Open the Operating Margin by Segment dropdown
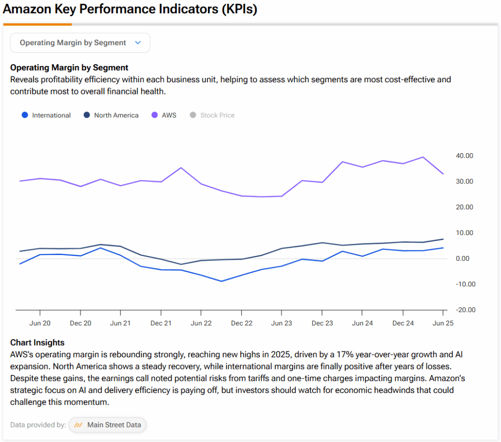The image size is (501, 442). click(80, 43)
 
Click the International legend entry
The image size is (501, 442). click(46, 116)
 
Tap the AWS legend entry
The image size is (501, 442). click(164, 116)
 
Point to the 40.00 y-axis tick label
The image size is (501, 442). click(464, 156)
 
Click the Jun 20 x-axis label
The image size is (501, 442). click(40, 324)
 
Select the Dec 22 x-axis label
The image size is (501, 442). click(241, 324)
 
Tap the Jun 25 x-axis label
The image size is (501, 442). click(443, 324)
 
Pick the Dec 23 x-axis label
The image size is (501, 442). click(322, 324)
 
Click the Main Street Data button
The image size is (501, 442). click(107, 425)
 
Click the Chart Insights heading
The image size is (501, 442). click(37, 343)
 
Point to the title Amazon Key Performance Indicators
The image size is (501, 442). click(130, 9)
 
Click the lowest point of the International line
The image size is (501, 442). click(221, 281)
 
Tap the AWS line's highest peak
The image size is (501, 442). click(423, 157)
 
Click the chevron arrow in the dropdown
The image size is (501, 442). click(138, 43)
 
